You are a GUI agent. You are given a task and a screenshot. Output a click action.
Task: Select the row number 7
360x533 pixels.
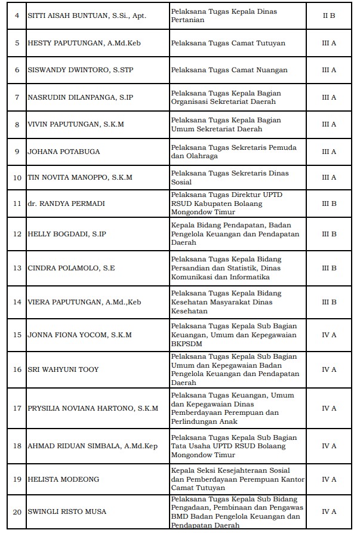click(17, 97)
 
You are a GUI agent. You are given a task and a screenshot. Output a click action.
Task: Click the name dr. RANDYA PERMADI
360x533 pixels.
click(66, 204)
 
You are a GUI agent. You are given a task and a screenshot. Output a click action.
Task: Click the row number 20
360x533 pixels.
click(17, 512)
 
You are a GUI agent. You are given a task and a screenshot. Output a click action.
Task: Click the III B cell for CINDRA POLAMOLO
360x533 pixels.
click(329, 269)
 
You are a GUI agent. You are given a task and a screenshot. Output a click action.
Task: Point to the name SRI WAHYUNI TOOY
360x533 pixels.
click(63, 369)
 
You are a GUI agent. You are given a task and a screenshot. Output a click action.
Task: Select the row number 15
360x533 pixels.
click(17, 335)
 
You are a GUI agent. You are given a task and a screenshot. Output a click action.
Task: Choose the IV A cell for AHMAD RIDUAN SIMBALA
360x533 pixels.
click(329, 446)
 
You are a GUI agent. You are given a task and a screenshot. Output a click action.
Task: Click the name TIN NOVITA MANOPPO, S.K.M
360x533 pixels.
click(80, 178)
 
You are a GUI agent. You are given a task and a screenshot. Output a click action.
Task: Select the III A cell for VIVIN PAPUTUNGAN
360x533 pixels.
click(329, 124)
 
